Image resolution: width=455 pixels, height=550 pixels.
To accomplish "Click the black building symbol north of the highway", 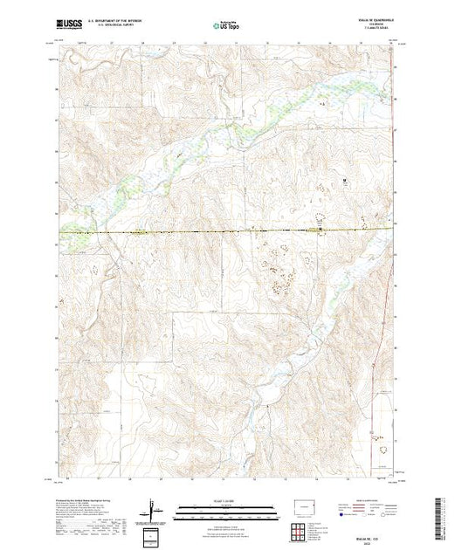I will click(344, 181).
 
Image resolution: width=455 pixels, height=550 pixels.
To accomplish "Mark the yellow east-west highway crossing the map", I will click(218, 231).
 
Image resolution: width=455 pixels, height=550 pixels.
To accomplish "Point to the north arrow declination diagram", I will click(152, 507).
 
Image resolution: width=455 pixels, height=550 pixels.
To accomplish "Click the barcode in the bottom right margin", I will click(440, 515).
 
